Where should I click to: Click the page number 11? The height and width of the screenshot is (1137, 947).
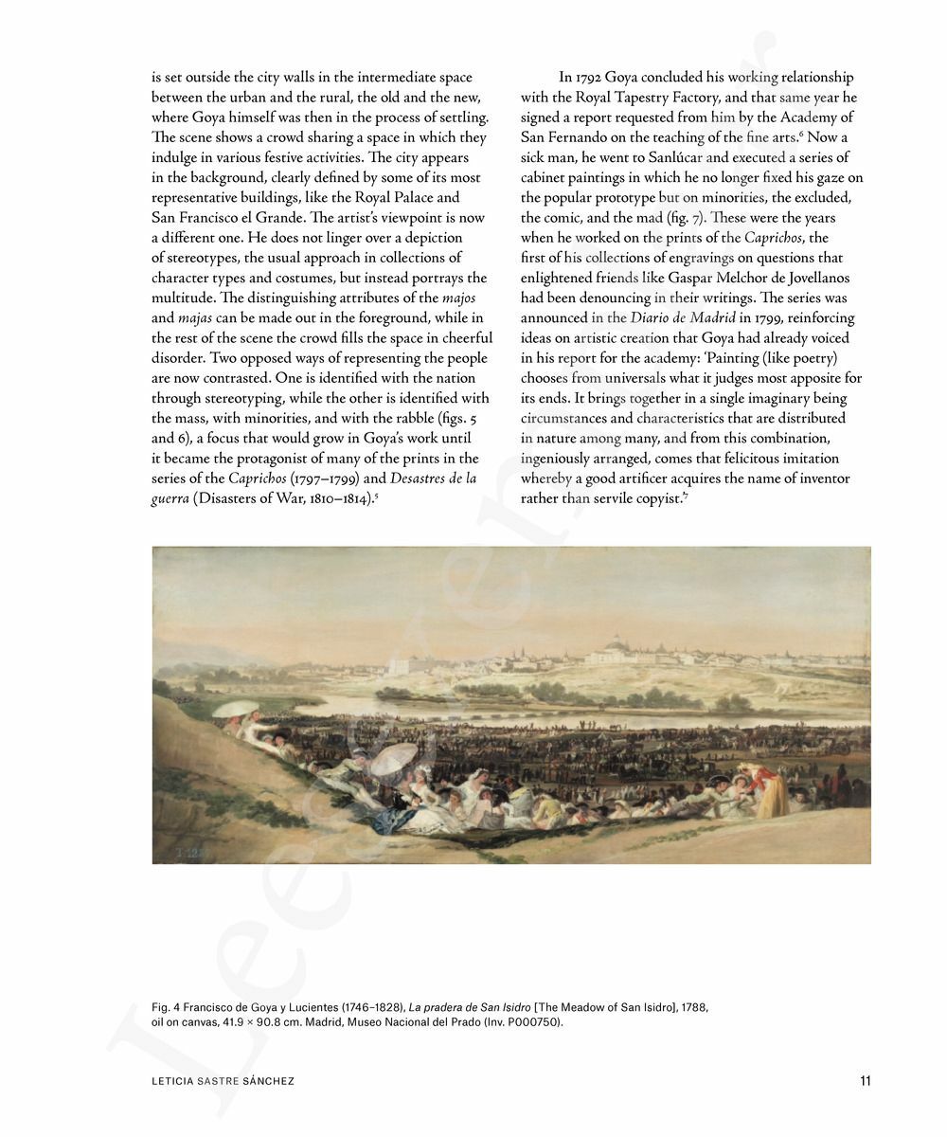coord(864,1081)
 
